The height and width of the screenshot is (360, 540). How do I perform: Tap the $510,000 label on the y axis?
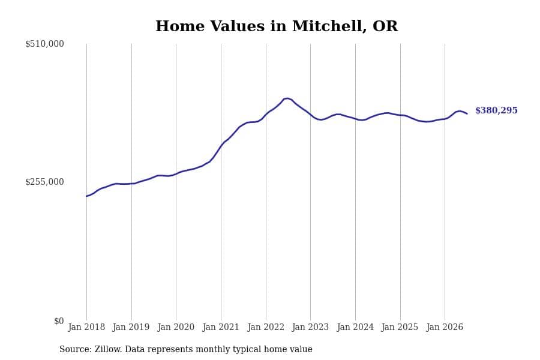(44, 44)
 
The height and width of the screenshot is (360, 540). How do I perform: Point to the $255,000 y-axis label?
(44, 182)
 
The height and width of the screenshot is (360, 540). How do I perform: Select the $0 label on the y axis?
(59, 321)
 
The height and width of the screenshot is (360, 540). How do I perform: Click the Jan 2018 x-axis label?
(86, 327)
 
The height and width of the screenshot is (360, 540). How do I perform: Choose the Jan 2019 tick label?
(131, 327)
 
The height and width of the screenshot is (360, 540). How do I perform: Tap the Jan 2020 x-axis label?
(176, 327)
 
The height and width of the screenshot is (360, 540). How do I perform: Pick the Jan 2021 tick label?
(221, 327)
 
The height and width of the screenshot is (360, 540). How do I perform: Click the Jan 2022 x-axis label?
(266, 327)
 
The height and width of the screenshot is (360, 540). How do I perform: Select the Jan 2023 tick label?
(310, 327)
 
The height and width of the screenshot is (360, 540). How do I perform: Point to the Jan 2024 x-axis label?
(355, 327)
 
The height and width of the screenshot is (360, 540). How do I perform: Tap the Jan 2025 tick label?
(400, 327)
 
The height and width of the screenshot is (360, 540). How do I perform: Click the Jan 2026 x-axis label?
(445, 327)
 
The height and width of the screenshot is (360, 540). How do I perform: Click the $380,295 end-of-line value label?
(496, 110)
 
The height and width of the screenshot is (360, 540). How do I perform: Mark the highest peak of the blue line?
(287, 98)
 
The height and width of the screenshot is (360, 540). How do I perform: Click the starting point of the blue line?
(86, 196)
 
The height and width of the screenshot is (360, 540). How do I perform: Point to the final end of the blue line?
(467, 113)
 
